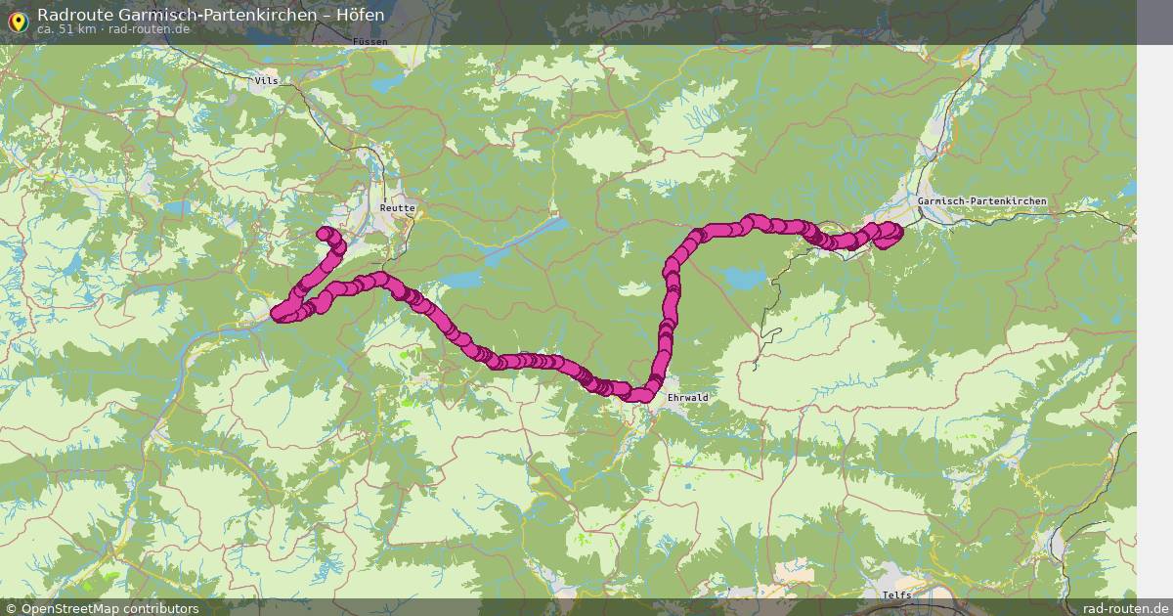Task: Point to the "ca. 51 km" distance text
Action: pyautogui.click(x=65, y=29)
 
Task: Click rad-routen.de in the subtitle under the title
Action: pyautogui.click(x=149, y=29)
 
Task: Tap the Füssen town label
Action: pyautogui.click(x=371, y=42)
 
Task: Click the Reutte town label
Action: pyautogui.click(x=398, y=208)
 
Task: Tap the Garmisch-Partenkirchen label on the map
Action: pyautogui.click(x=981, y=201)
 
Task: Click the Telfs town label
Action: pyautogui.click(x=895, y=594)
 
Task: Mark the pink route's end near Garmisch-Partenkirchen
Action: pyautogui.click(x=891, y=231)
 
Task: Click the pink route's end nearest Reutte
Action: pyautogui.click(x=325, y=233)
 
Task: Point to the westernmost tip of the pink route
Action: pyautogui.click(x=278, y=315)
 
